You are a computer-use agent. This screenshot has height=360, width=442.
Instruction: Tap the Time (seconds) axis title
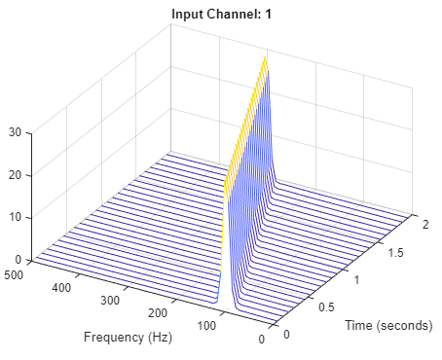(x=387, y=325)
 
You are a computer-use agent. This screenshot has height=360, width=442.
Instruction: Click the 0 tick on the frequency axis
(x=261, y=340)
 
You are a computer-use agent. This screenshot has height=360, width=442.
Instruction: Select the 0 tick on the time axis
(x=286, y=334)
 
